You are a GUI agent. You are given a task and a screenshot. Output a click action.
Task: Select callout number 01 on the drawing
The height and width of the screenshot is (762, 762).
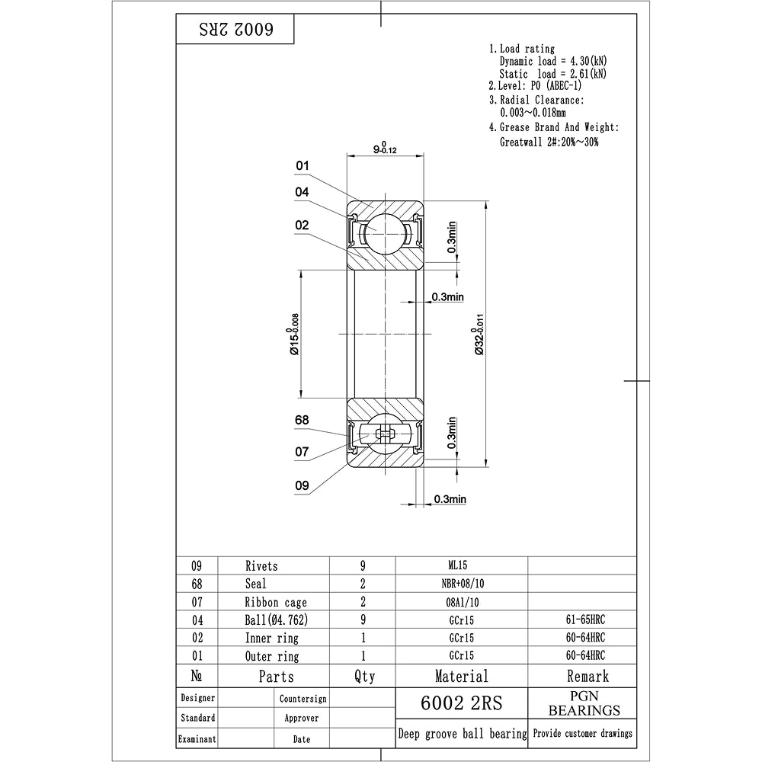tap(303, 166)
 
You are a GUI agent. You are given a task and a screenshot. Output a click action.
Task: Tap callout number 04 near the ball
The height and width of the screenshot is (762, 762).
tap(303, 193)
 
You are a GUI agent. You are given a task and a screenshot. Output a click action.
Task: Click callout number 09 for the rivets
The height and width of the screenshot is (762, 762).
tap(303, 485)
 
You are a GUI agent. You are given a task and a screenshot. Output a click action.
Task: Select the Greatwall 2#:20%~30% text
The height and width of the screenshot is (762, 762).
tap(549, 142)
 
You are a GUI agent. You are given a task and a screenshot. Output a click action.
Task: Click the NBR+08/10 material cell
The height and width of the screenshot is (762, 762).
tap(462, 584)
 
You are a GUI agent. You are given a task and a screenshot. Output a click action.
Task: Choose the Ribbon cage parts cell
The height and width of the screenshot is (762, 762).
tap(276, 602)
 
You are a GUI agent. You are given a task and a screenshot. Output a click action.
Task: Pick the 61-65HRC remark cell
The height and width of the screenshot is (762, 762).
tap(581, 620)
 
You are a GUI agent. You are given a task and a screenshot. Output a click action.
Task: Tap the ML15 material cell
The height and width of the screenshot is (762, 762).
tap(462, 565)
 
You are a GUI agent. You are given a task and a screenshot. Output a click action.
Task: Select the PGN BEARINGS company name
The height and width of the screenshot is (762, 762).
tap(584, 703)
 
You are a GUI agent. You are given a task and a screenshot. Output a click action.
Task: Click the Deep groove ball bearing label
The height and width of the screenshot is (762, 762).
tap(462, 734)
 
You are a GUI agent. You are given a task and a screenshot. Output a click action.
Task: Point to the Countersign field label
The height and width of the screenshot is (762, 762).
tap(303, 698)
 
